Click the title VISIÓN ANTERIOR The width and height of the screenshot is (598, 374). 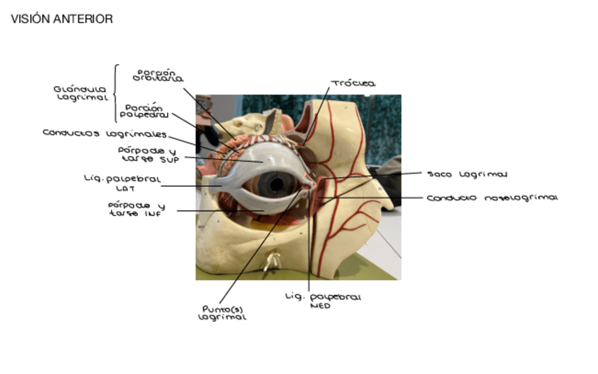(x=62, y=19)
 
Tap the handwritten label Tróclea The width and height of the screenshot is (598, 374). (x=353, y=84)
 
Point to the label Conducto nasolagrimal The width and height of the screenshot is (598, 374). (x=492, y=198)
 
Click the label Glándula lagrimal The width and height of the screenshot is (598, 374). (x=80, y=94)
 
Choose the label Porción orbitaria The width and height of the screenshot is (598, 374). (x=157, y=76)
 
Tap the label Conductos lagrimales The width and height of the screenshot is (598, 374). (x=104, y=133)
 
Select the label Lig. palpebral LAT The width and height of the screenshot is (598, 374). (x=121, y=183)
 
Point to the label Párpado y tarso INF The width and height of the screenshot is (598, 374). (x=136, y=210)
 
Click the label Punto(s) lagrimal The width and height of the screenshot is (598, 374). (x=223, y=313)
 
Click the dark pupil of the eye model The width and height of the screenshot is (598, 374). (x=276, y=185)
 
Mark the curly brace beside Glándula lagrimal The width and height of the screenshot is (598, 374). (x=115, y=94)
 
